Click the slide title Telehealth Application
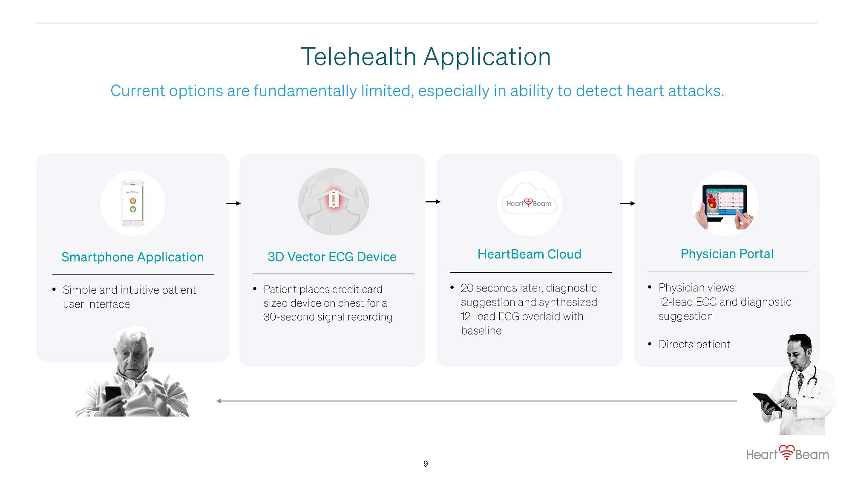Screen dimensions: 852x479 click(x=426, y=57)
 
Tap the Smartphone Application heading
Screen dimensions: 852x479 click(x=132, y=257)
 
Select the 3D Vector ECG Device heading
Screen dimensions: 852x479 click(x=332, y=257)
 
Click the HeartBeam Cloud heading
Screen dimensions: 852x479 click(x=530, y=254)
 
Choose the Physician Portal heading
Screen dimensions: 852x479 click(x=727, y=254)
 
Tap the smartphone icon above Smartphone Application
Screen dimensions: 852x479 click(x=133, y=203)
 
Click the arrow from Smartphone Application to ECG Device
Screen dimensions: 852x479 click(x=233, y=204)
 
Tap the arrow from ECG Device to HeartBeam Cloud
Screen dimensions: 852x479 click(x=433, y=202)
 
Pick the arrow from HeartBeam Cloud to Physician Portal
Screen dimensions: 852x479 click(x=627, y=204)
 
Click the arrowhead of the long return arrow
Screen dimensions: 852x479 click(x=218, y=401)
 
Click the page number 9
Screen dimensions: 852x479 click(x=426, y=464)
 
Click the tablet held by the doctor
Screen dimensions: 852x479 click(x=767, y=401)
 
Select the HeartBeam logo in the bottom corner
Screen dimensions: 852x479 click(x=788, y=453)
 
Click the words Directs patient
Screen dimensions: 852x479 click(x=694, y=344)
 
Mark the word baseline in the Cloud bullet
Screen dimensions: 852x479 click(x=481, y=331)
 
